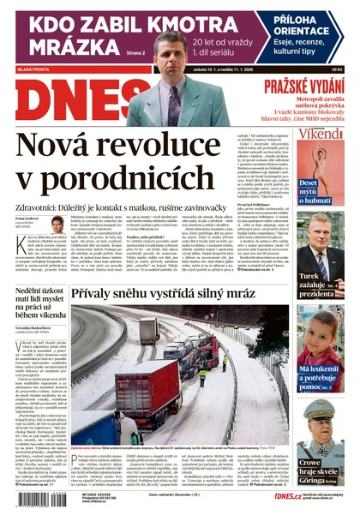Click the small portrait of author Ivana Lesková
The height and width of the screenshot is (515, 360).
tap(57, 225)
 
